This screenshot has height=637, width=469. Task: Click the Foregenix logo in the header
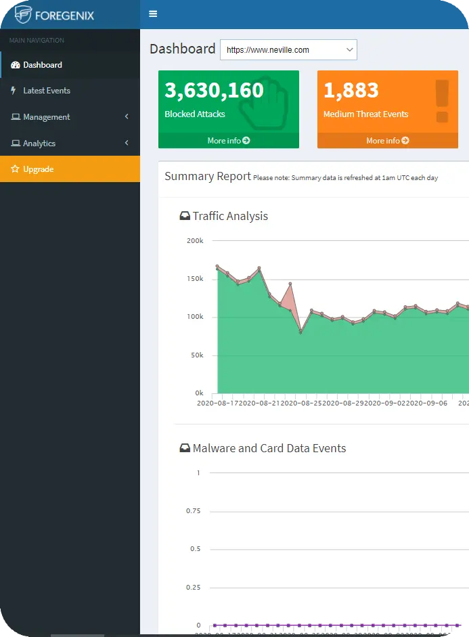[x=54, y=14]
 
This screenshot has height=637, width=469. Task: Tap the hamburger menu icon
[x=153, y=14]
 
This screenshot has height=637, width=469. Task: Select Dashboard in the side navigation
[x=43, y=65]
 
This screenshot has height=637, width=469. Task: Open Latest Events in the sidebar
[x=47, y=91]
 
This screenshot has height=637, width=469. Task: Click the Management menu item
[x=46, y=117]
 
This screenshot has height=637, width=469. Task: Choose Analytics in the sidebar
[x=39, y=144]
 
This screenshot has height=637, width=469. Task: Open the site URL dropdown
[x=288, y=50]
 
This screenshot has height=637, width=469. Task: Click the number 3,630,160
[x=214, y=90]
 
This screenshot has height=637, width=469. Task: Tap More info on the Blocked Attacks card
[x=229, y=141]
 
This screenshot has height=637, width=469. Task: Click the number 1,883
[x=351, y=90]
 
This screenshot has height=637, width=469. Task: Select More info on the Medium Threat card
[x=388, y=141]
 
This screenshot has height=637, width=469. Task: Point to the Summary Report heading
[x=208, y=177]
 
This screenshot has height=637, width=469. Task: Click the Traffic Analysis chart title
[x=230, y=217]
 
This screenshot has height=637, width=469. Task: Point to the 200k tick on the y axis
[x=195, y=241]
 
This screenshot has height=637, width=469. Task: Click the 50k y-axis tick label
[x=196, y=355]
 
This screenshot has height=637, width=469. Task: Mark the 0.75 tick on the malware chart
[x=193, y=511]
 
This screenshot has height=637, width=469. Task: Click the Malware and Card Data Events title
[x=269, y=449]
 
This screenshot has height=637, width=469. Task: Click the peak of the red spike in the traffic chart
[x=290, y=284]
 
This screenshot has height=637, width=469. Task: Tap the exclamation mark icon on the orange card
[x=442, y=102]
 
